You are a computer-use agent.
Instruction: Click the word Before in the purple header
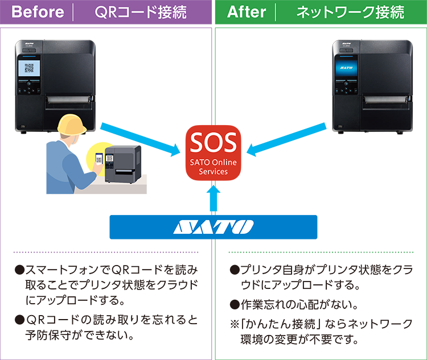tap(38, 12)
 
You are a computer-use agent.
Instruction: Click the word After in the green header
tap(247, 12)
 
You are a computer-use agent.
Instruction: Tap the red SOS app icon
tap(213, 152)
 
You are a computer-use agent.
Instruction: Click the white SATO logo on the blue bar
tap(213, 227)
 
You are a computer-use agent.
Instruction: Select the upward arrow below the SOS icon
tap(213, 198)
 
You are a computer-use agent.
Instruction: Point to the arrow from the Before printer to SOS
tap(140, 139)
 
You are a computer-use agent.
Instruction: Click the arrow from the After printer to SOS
tap(286, 139)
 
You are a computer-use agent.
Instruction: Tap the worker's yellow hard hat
tap(72, 125)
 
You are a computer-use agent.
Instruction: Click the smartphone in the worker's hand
tap(99, 159)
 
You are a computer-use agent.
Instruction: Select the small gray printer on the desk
tap(123, 164)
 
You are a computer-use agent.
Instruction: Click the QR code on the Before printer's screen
tap(29, 68)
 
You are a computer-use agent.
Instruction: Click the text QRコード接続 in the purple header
tap(141, 12)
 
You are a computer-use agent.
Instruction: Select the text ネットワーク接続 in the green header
tap(350, 12)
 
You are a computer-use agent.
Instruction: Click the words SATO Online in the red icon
tap(213, 162)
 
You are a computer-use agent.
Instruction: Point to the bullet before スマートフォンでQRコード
tap(19, 270)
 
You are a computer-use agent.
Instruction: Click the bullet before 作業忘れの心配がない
tap(235, 305)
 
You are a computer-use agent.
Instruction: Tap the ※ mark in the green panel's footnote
tap(235, 324)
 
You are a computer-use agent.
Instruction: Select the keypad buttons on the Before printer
tap(28, 87)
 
